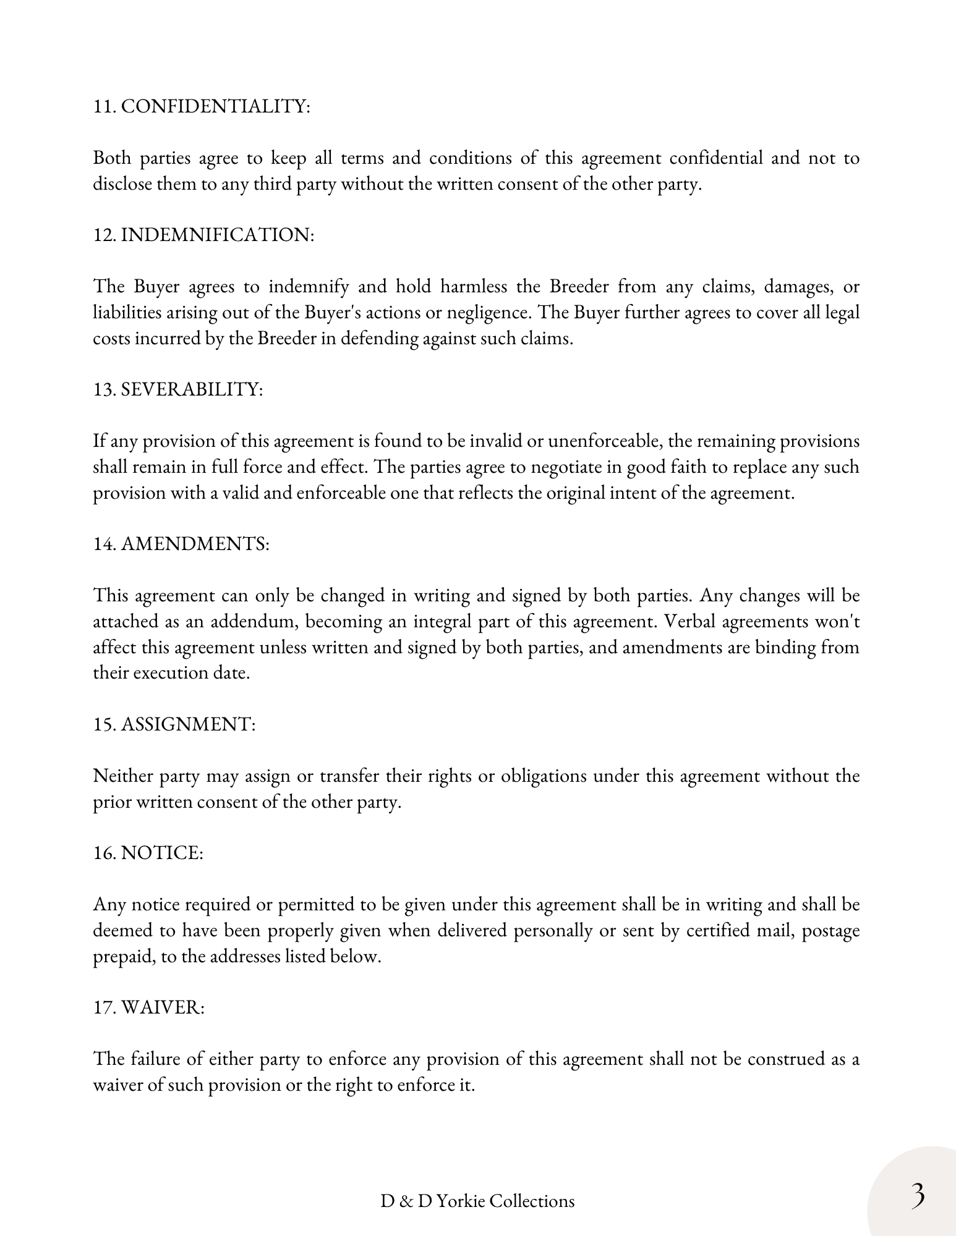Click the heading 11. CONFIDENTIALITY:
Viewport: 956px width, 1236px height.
[202, 106]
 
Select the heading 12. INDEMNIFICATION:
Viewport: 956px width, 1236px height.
[203, 235]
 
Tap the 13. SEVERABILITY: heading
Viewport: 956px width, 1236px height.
[178, 389]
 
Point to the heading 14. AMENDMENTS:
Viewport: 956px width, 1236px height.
[181, 544]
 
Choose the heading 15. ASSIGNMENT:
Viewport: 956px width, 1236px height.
[174, 724]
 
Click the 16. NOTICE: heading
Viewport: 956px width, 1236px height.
[148, 853]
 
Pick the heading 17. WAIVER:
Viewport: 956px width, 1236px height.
[148, 1007]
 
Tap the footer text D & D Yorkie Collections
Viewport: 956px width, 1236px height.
[477, 1201]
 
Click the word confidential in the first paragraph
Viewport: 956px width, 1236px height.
[717, 158]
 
